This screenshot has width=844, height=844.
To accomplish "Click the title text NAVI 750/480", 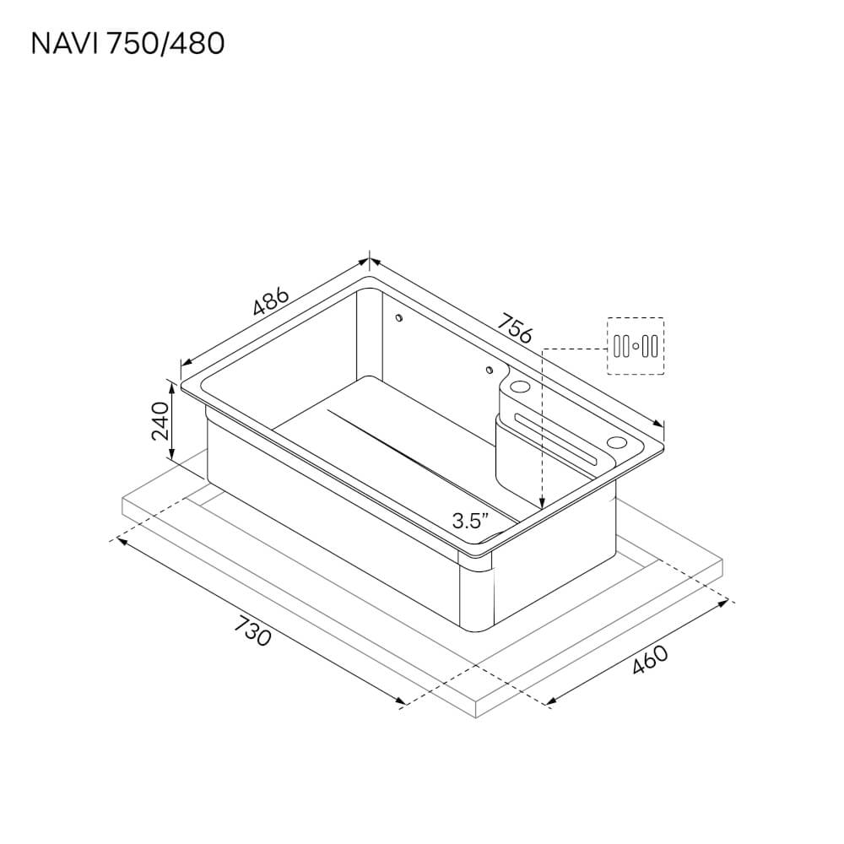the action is pyautogui.click(x=127, y=44).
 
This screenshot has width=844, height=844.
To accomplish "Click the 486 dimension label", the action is pyautogui.click(x=271, y=301).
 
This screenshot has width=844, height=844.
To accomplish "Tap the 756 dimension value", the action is pyautogui.click(x=514, y=327).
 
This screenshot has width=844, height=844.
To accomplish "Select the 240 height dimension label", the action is pyautogui.click(x=160, y=420).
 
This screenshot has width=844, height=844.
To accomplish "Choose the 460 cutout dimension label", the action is pyautogui.click(x=650, y=659).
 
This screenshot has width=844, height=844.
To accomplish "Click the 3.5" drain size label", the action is pyautogui.click(x=471, y=521).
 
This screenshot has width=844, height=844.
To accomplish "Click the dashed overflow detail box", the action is pyautogui.click(x=636, y=346).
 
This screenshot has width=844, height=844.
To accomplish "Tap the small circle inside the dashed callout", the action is pyautogui.click(x=636, y=346).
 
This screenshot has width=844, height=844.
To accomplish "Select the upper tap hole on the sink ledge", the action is pyautogui.click(x=519, y=387).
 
